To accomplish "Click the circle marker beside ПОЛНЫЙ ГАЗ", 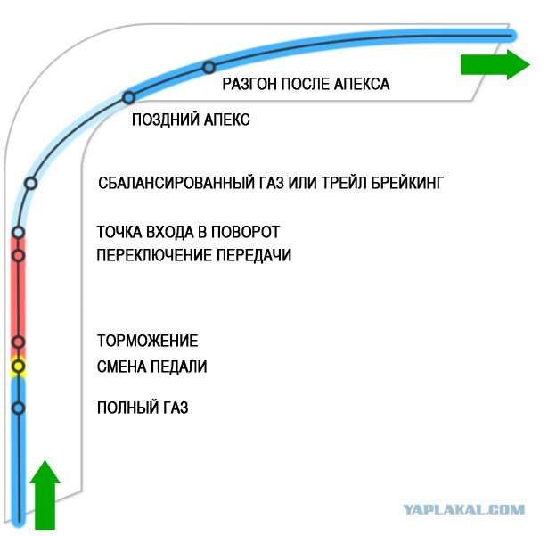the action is coord(19,408).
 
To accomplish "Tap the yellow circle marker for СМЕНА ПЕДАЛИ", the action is coord(18,367).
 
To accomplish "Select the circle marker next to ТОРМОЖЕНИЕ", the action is coord(19,342).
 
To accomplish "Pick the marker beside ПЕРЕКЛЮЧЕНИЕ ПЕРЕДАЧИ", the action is coord(19,256).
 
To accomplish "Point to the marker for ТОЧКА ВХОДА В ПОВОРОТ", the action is coord(18,232).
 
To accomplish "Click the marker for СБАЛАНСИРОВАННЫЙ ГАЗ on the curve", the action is coord(31,183).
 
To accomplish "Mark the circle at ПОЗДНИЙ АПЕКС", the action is coord(129,97).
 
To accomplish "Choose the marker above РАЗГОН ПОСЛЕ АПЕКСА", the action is coord(209,67).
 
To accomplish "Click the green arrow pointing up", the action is coord(45,494).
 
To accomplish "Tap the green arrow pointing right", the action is coord(495,65).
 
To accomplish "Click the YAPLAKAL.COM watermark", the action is coord(463,509).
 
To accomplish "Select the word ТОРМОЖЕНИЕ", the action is coord(148,341).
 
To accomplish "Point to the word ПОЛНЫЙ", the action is coord(124,408).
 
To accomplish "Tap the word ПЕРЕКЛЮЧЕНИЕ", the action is coord(154,255).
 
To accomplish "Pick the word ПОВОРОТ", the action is coord(246,232).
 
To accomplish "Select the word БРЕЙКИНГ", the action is coord(407,183).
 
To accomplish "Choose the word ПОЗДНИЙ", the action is coord(166,120).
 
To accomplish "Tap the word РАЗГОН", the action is coord(249,84).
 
